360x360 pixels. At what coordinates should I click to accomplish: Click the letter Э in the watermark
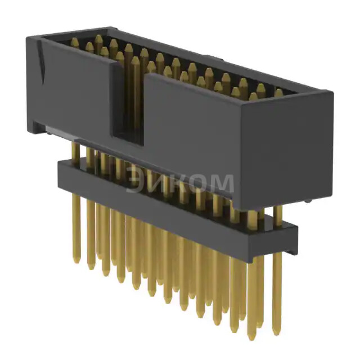click(x=136, y=182)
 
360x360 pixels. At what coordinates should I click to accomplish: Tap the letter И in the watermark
click(x=159, y=182)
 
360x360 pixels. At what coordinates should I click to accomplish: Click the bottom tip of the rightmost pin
click(x=276, y=332)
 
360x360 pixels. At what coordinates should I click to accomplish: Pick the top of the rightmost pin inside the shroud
click(x=278, y=92)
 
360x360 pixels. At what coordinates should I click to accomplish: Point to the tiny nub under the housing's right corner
click(x=313, y=201)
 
